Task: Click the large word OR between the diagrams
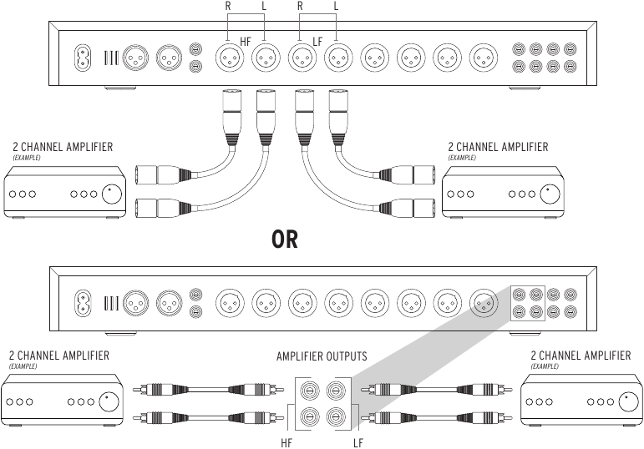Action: coord(285,240)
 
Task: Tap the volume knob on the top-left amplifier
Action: coord(112,194)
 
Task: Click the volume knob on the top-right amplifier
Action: coord(550,194)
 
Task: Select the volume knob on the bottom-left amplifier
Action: coord(108,401)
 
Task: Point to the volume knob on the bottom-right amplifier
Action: coord(628,401)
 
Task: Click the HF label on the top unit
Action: coord(246,42)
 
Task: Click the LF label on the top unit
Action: coord(317,42)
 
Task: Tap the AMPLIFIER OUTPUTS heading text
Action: coord(322,356)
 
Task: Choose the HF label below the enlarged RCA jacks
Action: coord(287,443)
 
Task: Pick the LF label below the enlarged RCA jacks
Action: coord(358,443)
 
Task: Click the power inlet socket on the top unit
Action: coord(83,57)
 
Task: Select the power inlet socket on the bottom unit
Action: coord(83,303)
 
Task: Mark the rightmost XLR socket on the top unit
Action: coord(484,58)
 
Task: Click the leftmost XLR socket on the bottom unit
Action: coord(136,303)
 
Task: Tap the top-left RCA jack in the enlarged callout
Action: coord(309,391)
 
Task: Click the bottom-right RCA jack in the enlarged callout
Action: coord(336,417)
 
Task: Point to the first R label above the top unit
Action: coord(228,6)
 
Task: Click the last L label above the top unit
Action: coord(336,6)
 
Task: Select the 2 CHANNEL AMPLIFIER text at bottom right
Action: coord(581,356)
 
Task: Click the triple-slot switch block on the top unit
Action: coord(111,58)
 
